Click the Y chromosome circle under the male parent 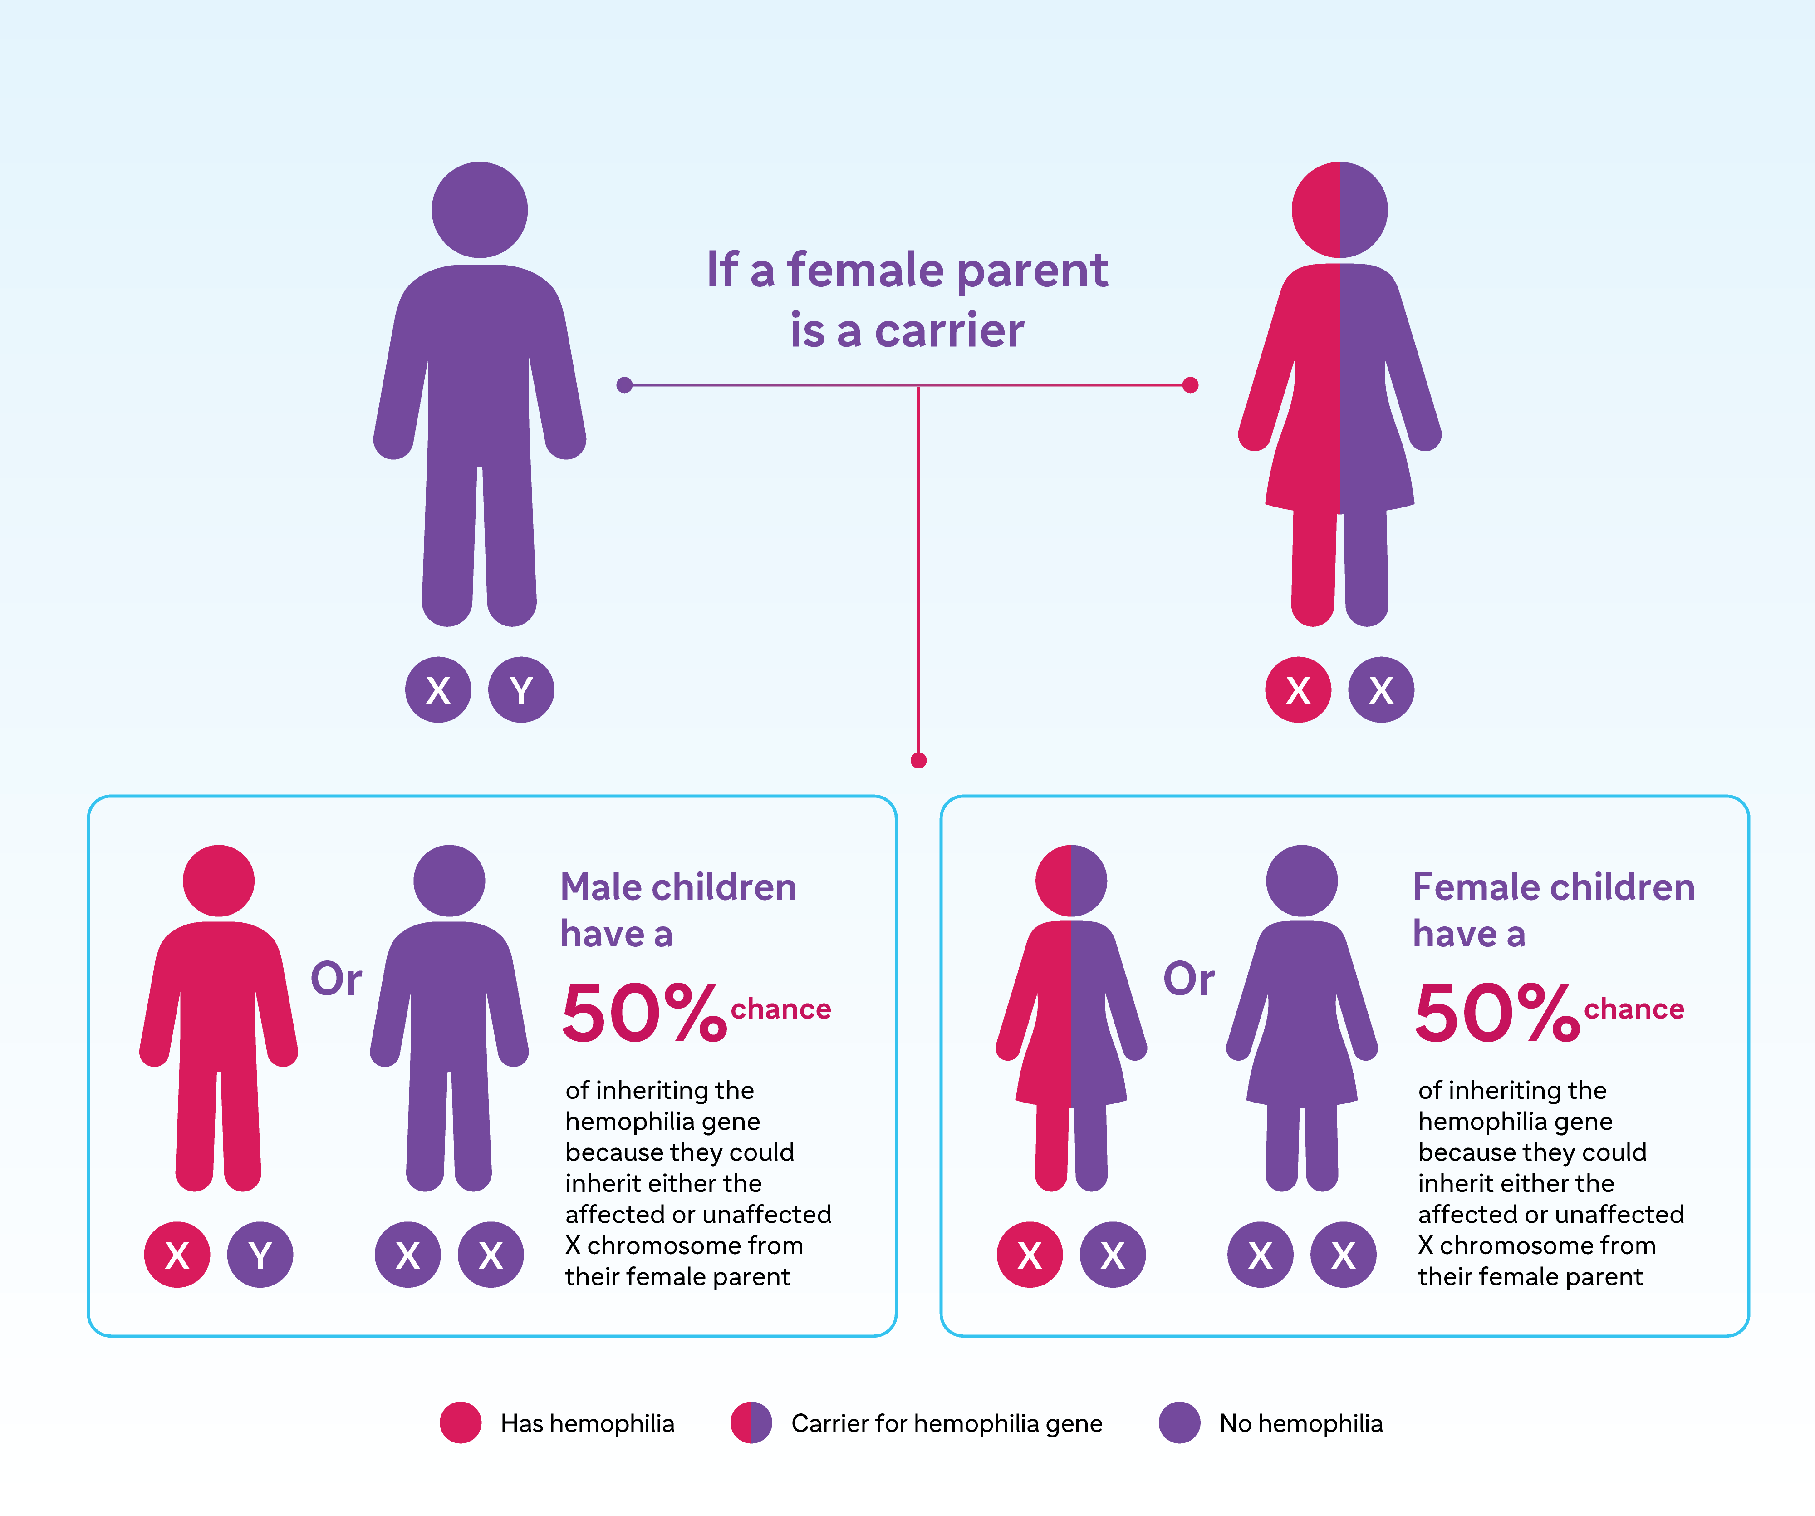pos(521,690)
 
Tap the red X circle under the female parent pos(1298,690)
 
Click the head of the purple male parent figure pos(480,210)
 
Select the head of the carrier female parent pos(1339,210)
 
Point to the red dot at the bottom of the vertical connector pos(919,761)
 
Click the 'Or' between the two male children pos(336,979)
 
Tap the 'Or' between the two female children pos(1189,979)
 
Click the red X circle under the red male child pos(177,1255)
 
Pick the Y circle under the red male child pos(260,1255)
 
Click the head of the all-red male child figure pos(219,881)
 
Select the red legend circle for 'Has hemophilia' pos(461,1422)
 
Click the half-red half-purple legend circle pos(751,1422)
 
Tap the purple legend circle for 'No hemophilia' pos(1180,1422)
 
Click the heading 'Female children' pos(1553,888)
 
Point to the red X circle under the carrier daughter pos(1030,1255)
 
